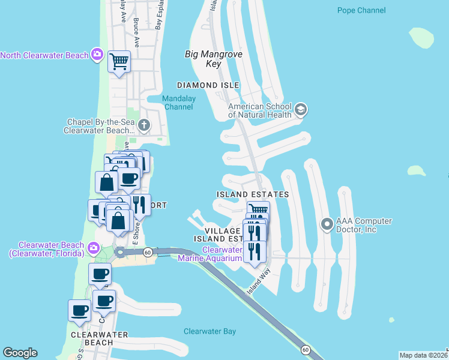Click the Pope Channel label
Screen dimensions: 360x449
pyautogui.click(x=361, y=10)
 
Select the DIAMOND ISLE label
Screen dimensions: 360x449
pyautogui.click(x=208, y=85)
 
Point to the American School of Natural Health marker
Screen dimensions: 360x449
pyautogui.click(x=301, y=110)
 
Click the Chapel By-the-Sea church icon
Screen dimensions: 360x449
pyautogui.click(x=143, y=125)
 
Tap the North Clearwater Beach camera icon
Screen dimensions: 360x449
pyautogui.click(x=97, y=55)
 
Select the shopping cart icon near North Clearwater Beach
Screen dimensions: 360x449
pyautogui.click(x=119, y=61)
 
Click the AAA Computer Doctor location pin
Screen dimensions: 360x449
pyautogui.click(x=327, y=224)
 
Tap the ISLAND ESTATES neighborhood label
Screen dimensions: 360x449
pyautogui.click(x=253, y=194)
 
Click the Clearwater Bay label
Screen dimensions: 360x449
pyautogui.click(x=210, y=331)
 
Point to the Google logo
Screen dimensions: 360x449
pyautogui.click(x=20, y=353)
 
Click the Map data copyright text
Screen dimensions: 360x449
pyautogui.click(x=423, y=355)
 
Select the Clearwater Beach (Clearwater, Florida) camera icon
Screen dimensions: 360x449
pyautogui.click(x=93, y=248)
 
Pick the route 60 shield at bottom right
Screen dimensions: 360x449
pyautogui.click(x=306, y=349)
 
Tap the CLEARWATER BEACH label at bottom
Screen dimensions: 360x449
pyautogui.click(x=92, y=338)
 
